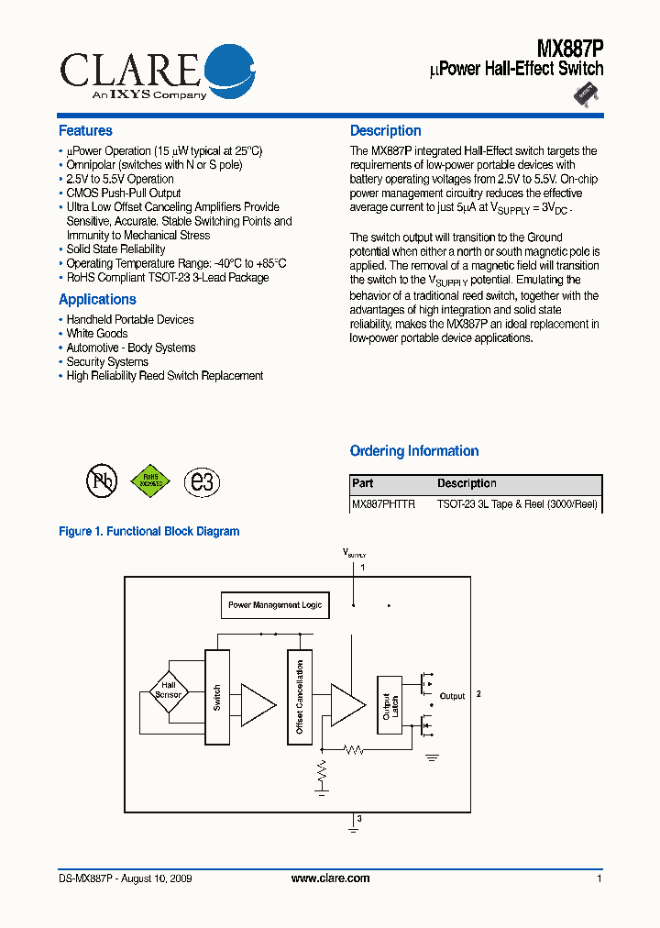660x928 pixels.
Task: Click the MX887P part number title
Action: coord(569,47)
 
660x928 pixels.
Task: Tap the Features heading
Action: coord(85,131)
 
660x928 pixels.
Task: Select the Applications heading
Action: coord(97,300)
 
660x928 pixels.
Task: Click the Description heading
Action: coord(386,131)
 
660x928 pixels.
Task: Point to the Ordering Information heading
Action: coord(414,451)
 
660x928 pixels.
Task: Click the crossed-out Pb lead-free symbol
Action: coord(102,481)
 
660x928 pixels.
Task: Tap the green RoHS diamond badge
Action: coord(150,481)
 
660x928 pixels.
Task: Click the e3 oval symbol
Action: coord(201,481)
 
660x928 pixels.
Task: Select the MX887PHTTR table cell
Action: coord(384,504)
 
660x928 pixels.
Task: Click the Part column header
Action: coord(363,484)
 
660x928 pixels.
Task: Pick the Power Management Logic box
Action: coord(275,605)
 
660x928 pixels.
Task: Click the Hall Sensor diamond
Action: coord(169,690)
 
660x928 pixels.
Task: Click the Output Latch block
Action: coord(390,704)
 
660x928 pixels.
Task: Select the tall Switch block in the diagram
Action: coord(216,697)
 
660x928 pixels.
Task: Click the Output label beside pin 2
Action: coord(453,696)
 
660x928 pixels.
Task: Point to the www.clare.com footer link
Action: coord(330,878)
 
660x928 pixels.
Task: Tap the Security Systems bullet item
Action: coord(107,362)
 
